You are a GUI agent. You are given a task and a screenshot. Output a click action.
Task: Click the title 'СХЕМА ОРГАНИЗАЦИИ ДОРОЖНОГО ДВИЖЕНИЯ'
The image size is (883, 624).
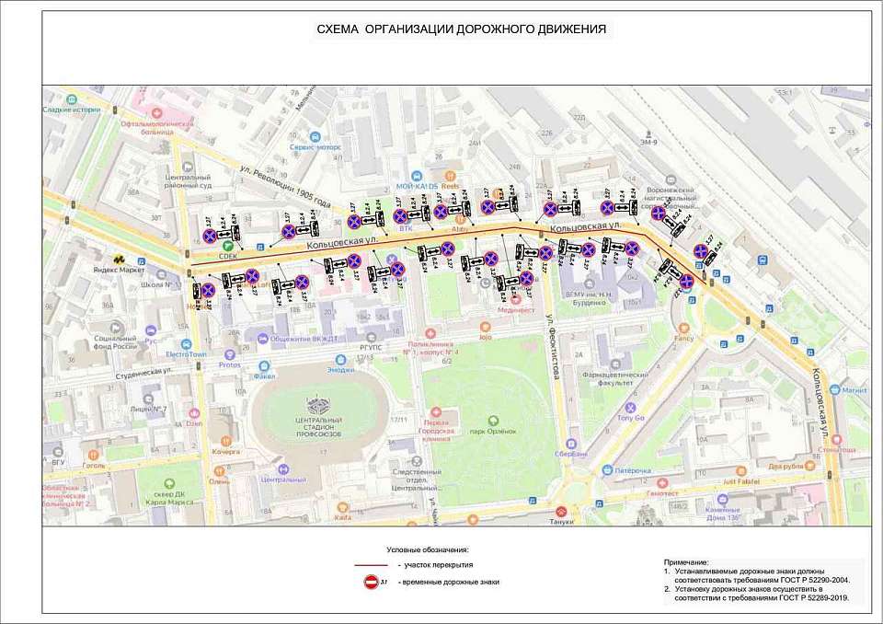pyautogui.click(x=461, y=29)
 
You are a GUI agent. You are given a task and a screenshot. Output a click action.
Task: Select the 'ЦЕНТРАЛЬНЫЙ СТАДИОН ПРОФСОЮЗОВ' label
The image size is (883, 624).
pyautogui.click(x=319, y=425)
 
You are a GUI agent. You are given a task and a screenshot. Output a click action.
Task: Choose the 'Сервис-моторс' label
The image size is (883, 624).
pyautogui.click(x=315, y=146)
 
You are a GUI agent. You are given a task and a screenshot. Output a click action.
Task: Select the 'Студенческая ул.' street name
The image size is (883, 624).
pyautogui.click(x=141, y=371)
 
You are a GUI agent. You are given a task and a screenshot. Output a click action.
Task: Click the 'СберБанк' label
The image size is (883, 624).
pyautogui.click(x=571, y=454)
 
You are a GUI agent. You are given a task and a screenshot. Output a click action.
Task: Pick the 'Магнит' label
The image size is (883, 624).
pyautogui.click(x=854, y=390)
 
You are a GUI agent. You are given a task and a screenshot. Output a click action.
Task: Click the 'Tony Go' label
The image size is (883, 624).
pyautogui.click(x=630, y=418)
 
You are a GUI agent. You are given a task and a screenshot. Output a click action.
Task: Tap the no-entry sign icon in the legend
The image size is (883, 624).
pyautogui.click(x=372, y=582)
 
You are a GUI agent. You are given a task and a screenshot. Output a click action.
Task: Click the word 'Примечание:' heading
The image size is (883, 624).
pyautogui.click(x=686, y=561)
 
